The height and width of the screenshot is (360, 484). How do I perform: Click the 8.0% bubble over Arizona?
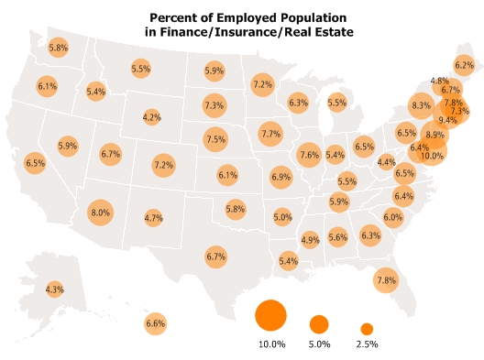pyautogui.click(x=100, y=213)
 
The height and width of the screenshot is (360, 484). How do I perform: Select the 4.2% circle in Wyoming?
pyautogui.click(x=152, y=117)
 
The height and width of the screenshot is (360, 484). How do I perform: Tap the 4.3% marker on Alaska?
pyautogui.click(x=55, y=289)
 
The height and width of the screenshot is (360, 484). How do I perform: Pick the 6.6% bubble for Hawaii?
pyautogui.click(x=156, y=322)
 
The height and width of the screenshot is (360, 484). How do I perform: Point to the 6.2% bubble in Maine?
pyautogui.click(x=465, y=65)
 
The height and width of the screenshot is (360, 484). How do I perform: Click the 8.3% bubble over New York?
pyautogui.click(x=421, y=106)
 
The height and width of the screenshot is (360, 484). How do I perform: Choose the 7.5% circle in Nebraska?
pyautogui.click(x=215, y=139)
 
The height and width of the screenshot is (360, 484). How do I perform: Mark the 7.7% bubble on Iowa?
pyautogui.click(x=270, y=134)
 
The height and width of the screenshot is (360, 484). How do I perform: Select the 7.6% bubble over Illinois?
pyautogui.click(x=309, y=154)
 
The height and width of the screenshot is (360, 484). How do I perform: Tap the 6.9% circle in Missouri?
pyautogui.click(x=280, y=176)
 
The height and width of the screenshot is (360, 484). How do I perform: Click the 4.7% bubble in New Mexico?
pyautogui.click(x=153, y=218)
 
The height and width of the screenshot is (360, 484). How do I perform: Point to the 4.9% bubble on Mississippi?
pyautogui.click(x=310, y=240)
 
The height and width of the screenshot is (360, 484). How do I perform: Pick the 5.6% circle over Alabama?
pyautogui.click(x=338, y=237)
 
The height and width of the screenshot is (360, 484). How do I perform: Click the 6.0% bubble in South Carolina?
pyautogui.click(x=393, y=217)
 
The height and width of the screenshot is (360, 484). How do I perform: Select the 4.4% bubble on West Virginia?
pyautogui.click(x=387, y=162)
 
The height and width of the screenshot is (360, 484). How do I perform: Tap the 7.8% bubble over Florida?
pyautogui.click(x=386, y=280)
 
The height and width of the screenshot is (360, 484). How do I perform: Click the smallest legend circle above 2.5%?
pyautogui.click(x=367, y=328)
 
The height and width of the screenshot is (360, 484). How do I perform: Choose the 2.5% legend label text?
pyautogui.click(x=367, y=344)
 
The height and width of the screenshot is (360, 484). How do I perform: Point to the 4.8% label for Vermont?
pyautogui.click(x=439, y=81)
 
